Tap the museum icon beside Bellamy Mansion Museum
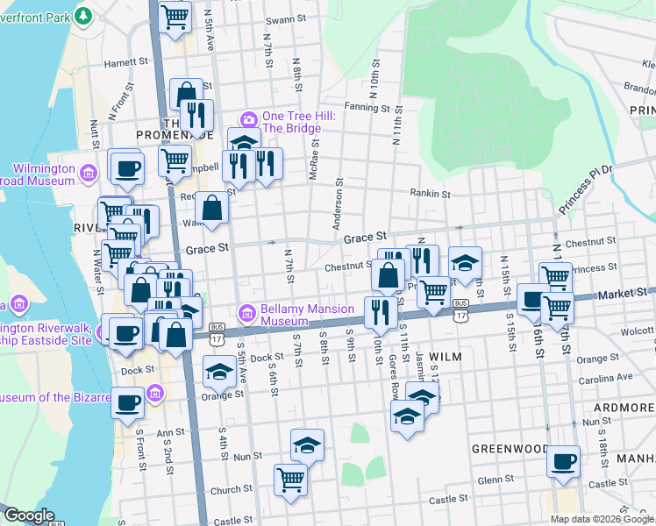[x=247, y=312]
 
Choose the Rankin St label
[x=431, y=194]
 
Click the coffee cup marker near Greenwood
[x=563, y=459]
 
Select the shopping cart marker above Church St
[x=290, y=479]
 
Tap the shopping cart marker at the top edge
[x=175, y=16]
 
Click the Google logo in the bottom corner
[x=28, y=515]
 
